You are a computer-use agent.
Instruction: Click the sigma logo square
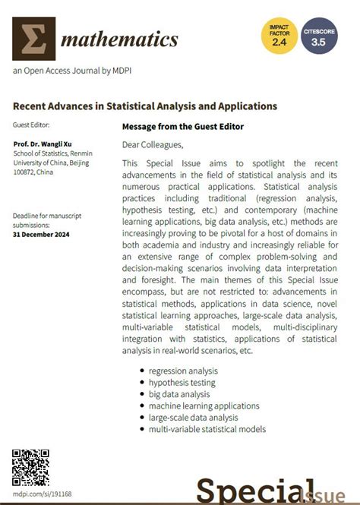(x=34, y=39)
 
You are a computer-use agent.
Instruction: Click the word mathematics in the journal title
(x=120, y=39)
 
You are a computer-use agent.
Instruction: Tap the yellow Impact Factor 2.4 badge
(x=279, y=36)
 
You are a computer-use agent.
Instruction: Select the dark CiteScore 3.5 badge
(x=324, y=36)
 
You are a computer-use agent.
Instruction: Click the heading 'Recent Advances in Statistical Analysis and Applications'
(x=145, y=106)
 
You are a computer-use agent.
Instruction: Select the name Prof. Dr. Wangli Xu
(x=49, y=144)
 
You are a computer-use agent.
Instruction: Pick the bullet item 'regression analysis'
(x=183, y=371)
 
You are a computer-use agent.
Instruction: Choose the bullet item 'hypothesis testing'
(x=182, y=383)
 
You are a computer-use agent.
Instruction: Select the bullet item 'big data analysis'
(x=179, y=394)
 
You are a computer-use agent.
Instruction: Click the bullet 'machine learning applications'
(x=204, y=406)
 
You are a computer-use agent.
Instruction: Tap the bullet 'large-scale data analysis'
(x=194, y=418)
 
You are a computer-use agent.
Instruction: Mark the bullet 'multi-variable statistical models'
(x=207, y=429)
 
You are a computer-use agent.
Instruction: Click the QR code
(x=31, y=466)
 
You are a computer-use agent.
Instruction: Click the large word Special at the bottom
(x=254, y=492)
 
